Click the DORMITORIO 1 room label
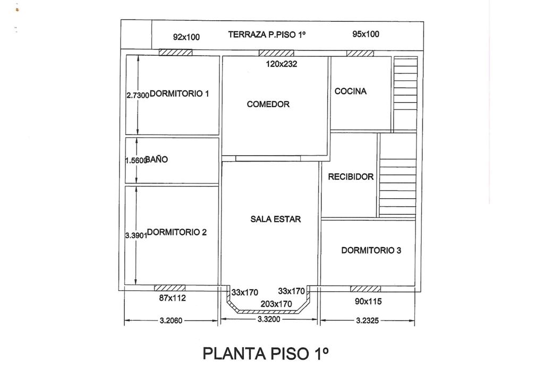[180, 94]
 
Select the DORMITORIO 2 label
[176, 232]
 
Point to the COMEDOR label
[268, 104]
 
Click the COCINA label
[351, 91]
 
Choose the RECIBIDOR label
[351, 177]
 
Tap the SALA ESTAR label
[276, 219]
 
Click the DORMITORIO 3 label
[371, 250]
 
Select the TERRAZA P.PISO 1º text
[268, 35]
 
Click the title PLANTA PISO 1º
[266, 354]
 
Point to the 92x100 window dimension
[186, 37]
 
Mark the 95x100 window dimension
[366, 35]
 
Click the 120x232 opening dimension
[282, 64]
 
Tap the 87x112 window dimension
[173, 298]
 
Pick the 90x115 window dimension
[368, 301]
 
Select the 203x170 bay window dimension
[276, 304]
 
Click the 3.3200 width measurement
[269, 320]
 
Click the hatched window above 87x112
[170, 288]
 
